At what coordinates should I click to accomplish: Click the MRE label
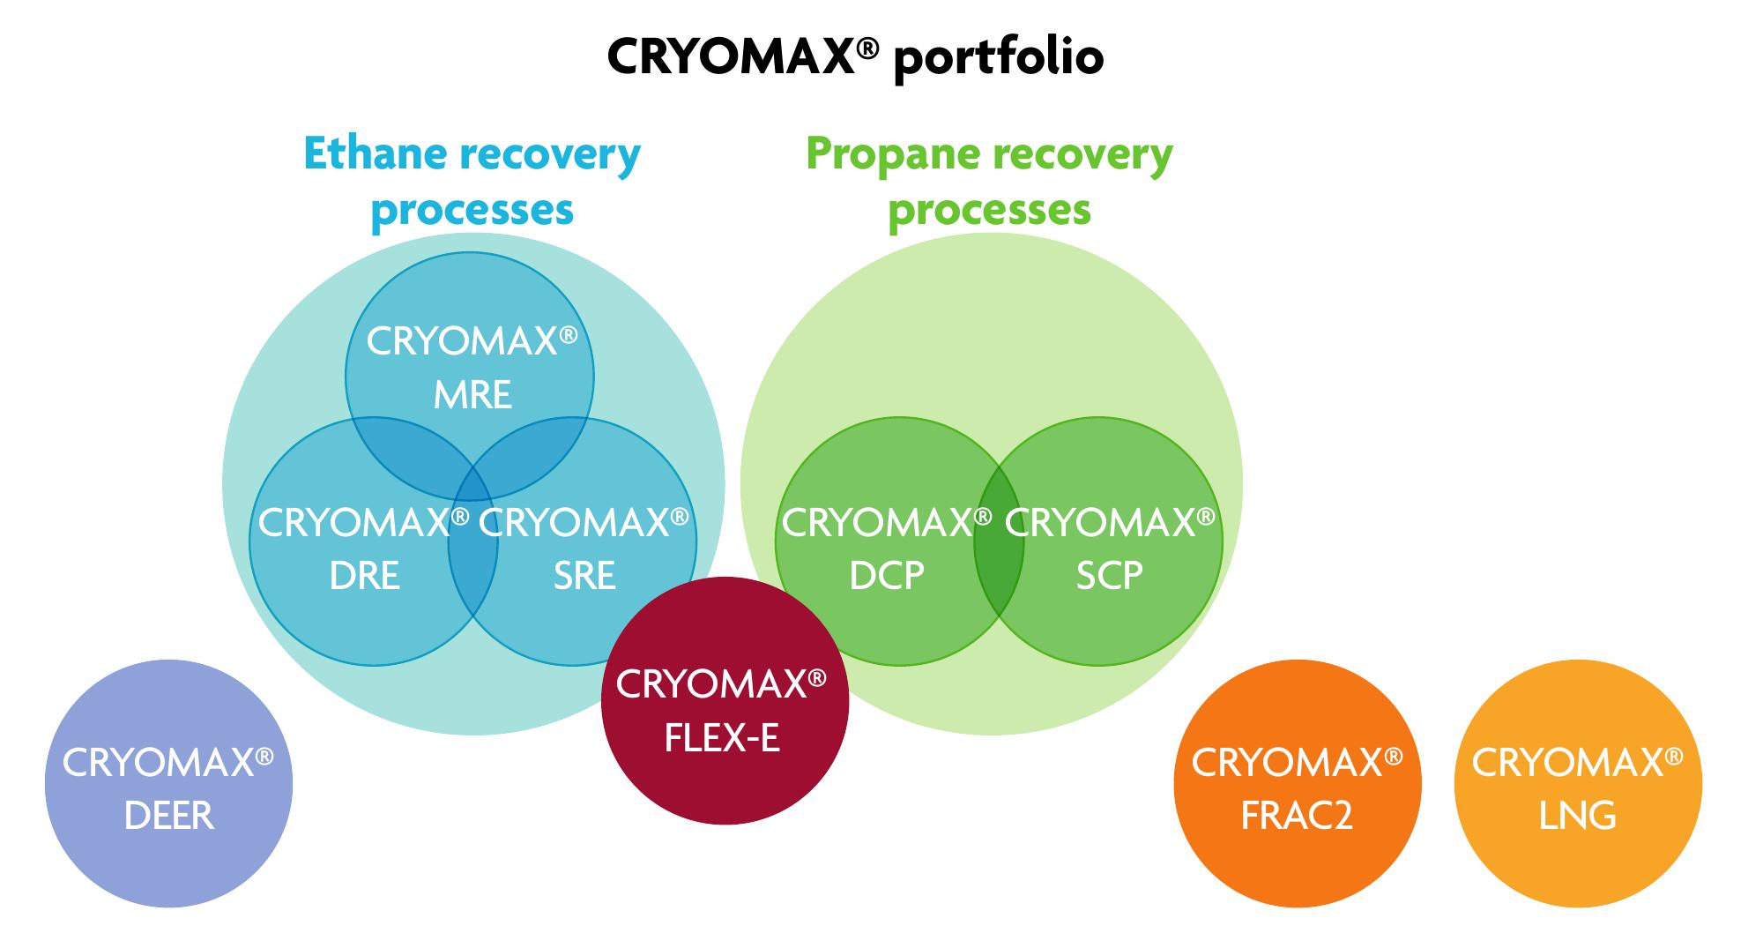click(x=472, y=395)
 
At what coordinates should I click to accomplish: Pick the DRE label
click(x=364, y=576)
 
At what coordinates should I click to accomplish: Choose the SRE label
click(x=584, y=576)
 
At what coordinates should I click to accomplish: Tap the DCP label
click(x=887, y=576)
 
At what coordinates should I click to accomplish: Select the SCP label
click(x=1109, y=576)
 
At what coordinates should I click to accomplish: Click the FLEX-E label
click(x=722, y=738)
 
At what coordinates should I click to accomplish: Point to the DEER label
click(x=168, y=816)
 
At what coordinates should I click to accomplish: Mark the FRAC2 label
click(x=1296, y=816)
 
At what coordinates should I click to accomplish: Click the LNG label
click(x=1577, y=816)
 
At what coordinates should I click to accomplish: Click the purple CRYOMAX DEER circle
click(x=168, y=864)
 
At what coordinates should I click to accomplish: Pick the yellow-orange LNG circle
click(x=1578, y=864)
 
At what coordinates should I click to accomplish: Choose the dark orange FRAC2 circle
click(x=1297, y=864)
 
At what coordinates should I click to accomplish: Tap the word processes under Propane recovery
click(x=989, y=210)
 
